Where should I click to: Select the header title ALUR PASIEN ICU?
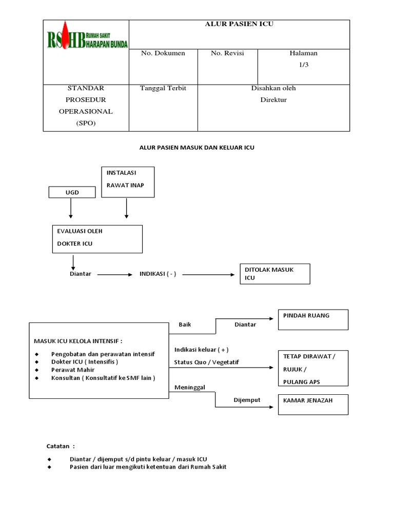239,24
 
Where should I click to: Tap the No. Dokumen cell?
163,53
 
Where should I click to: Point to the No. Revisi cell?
227,53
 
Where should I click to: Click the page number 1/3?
304,65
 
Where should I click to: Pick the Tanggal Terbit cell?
163,88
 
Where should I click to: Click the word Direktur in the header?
273,100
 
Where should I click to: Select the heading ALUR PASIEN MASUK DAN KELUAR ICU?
197,148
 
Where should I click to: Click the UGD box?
72,192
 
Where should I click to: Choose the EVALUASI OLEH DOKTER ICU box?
97,238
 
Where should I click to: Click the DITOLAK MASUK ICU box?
275,274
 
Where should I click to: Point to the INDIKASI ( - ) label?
158,274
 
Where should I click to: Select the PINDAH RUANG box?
312,319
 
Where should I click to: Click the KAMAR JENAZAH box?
312,404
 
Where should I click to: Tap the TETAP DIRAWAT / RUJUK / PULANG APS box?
312,369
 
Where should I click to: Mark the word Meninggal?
190,388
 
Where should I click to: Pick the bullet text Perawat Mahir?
72,370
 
